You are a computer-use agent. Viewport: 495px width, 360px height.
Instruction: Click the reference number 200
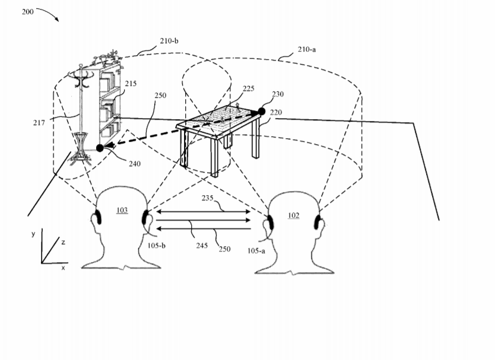point(27,12)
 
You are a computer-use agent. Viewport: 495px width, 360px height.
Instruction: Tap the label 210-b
point(169,41)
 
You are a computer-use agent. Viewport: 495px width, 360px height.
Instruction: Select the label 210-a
point(306,49)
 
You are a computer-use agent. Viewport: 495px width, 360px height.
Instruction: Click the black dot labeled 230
point(261,111)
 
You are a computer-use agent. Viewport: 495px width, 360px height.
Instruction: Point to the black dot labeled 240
point(100,148)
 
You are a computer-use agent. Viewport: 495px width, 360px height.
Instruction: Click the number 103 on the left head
point(122,210)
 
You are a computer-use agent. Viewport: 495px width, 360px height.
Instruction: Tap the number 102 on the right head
point(294,215)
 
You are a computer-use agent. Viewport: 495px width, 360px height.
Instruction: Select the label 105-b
point(157,246)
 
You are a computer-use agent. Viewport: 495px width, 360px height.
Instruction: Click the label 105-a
point(256,251)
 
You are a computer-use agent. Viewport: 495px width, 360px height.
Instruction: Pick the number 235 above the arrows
point(207,198)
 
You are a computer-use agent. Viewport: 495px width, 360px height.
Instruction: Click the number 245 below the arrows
point(202,245)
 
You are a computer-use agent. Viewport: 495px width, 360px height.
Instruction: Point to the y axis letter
point(33,234)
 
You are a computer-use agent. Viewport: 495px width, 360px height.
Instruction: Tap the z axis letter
point(64,243)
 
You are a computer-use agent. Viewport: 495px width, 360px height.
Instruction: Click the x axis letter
point(63,268)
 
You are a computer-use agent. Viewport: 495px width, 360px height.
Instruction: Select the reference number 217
point(39,122)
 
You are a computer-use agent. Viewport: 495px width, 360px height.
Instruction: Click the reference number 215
point(131,83)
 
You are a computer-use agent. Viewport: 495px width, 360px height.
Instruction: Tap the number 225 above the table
point(249,88)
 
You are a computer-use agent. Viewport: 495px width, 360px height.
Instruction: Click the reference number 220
point(276,112)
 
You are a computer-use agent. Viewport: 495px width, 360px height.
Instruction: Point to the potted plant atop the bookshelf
point(107,57)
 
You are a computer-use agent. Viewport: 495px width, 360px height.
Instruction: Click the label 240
point(135,164)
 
